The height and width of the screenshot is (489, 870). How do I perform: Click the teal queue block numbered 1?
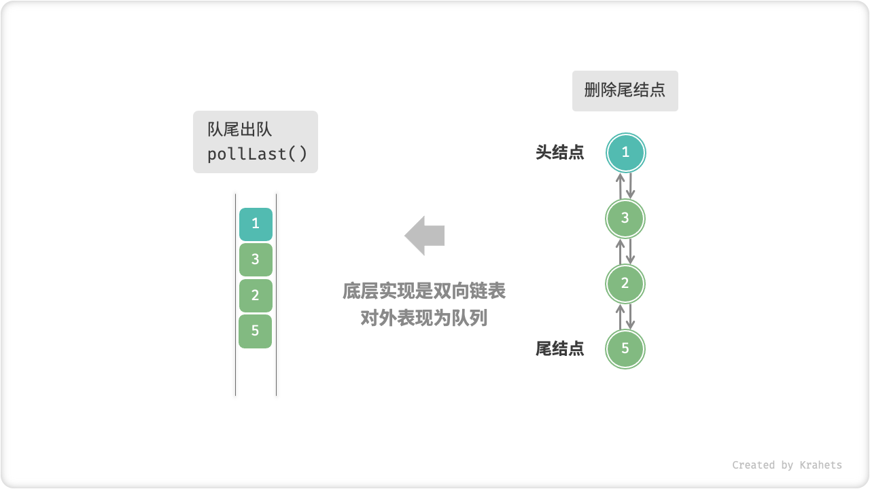(256, 224)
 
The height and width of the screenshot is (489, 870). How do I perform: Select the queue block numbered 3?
(256, 259)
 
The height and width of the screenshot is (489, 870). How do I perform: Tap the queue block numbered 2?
(256, 295)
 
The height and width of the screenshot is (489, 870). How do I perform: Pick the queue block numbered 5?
(256, 331)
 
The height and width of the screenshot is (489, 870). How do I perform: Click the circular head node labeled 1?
(625, 153)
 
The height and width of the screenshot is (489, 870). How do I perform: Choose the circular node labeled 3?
(625, 218)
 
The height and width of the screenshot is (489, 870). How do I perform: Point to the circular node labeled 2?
(625, 284)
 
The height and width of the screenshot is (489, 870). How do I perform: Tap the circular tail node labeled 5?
(625, 349)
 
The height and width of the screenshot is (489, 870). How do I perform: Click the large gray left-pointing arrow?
(425, 236)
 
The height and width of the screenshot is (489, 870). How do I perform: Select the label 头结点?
(559, 153)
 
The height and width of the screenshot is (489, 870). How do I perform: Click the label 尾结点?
(559, 349)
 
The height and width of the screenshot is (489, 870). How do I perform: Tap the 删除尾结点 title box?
(625, 90)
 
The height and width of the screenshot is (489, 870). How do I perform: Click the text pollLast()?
(258, 154)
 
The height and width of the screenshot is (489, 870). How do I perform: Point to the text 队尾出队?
(240, 130)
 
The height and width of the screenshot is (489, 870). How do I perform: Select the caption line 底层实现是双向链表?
(424, 291)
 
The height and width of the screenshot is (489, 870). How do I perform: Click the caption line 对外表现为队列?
(424, 317)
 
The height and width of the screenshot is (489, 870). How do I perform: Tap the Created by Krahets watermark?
(786, 465)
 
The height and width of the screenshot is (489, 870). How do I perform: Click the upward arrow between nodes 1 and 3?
(620, 185)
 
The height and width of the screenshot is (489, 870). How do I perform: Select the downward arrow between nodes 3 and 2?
(631, 251)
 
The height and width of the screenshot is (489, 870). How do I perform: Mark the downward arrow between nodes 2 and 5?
(631, 316)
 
